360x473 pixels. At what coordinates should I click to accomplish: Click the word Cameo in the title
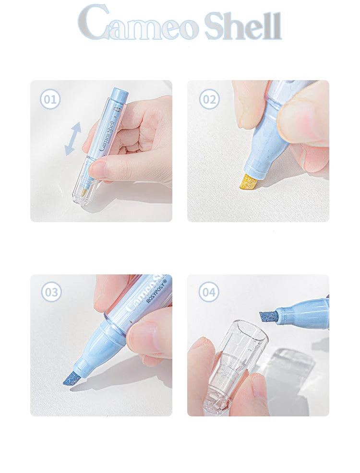139,23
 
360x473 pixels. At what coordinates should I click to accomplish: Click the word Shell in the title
243,25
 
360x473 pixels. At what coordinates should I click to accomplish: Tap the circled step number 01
50,99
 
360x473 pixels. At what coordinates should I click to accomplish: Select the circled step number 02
209,99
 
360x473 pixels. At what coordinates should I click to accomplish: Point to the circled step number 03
51,292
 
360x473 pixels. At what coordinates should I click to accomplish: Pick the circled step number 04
209,292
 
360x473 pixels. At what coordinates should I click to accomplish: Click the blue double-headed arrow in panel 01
73,139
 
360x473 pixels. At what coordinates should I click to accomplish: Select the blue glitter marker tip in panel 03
72,378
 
